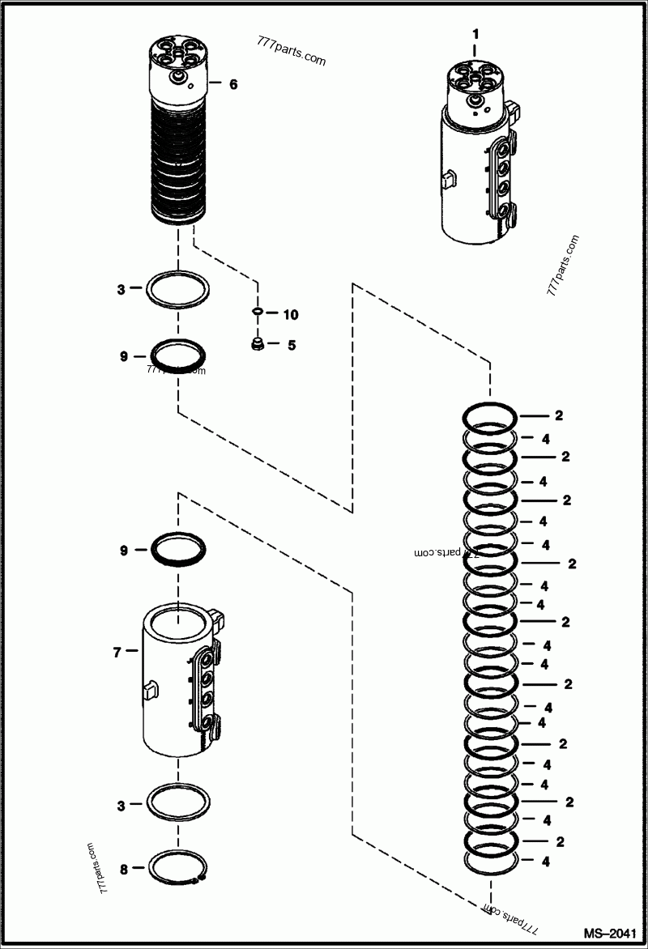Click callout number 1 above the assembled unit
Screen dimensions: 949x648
point(475,34)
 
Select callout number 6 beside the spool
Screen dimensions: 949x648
point(233,83)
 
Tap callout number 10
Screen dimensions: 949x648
point(291,313)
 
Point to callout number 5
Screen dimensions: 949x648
point(291,345)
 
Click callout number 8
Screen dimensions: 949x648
point(124,870)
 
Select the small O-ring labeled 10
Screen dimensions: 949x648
point(257,312)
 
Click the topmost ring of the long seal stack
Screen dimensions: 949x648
point(490,416)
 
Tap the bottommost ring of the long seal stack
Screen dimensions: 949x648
point(490,862)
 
